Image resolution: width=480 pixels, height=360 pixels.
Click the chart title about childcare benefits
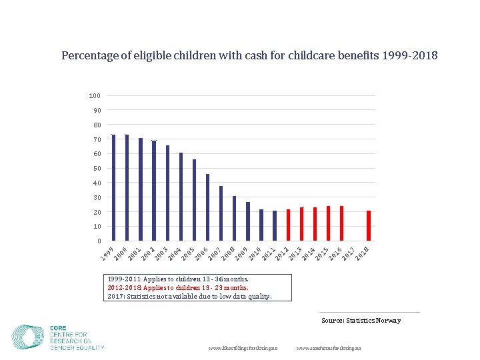point(249,55)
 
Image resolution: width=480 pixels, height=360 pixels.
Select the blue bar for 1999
point(113,188)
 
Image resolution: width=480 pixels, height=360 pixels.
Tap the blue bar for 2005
point(194,200)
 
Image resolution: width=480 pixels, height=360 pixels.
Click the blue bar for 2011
point(275,226)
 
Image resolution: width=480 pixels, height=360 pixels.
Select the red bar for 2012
point(288,225)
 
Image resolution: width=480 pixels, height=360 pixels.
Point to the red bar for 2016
point(341,223)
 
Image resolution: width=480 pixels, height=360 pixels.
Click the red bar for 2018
point(368,226)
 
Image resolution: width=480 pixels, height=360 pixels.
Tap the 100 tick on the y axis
point(95,96)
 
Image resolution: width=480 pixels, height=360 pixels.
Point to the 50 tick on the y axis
point(97,169)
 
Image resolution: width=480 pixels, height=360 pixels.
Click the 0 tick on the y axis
point(99,241)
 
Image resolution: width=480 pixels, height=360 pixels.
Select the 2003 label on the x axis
point(160,253)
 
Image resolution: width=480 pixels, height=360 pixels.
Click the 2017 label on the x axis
point(348,253)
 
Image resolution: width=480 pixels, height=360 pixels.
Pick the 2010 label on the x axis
point(254,253)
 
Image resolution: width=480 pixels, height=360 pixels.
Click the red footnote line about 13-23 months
point(178,288)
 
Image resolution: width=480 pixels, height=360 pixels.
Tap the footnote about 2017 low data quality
point(189,297)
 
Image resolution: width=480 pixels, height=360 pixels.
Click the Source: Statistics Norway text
point(361,321)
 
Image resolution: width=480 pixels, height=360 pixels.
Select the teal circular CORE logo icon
point(28,337)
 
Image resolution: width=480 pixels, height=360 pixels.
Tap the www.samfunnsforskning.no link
point(328,349)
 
